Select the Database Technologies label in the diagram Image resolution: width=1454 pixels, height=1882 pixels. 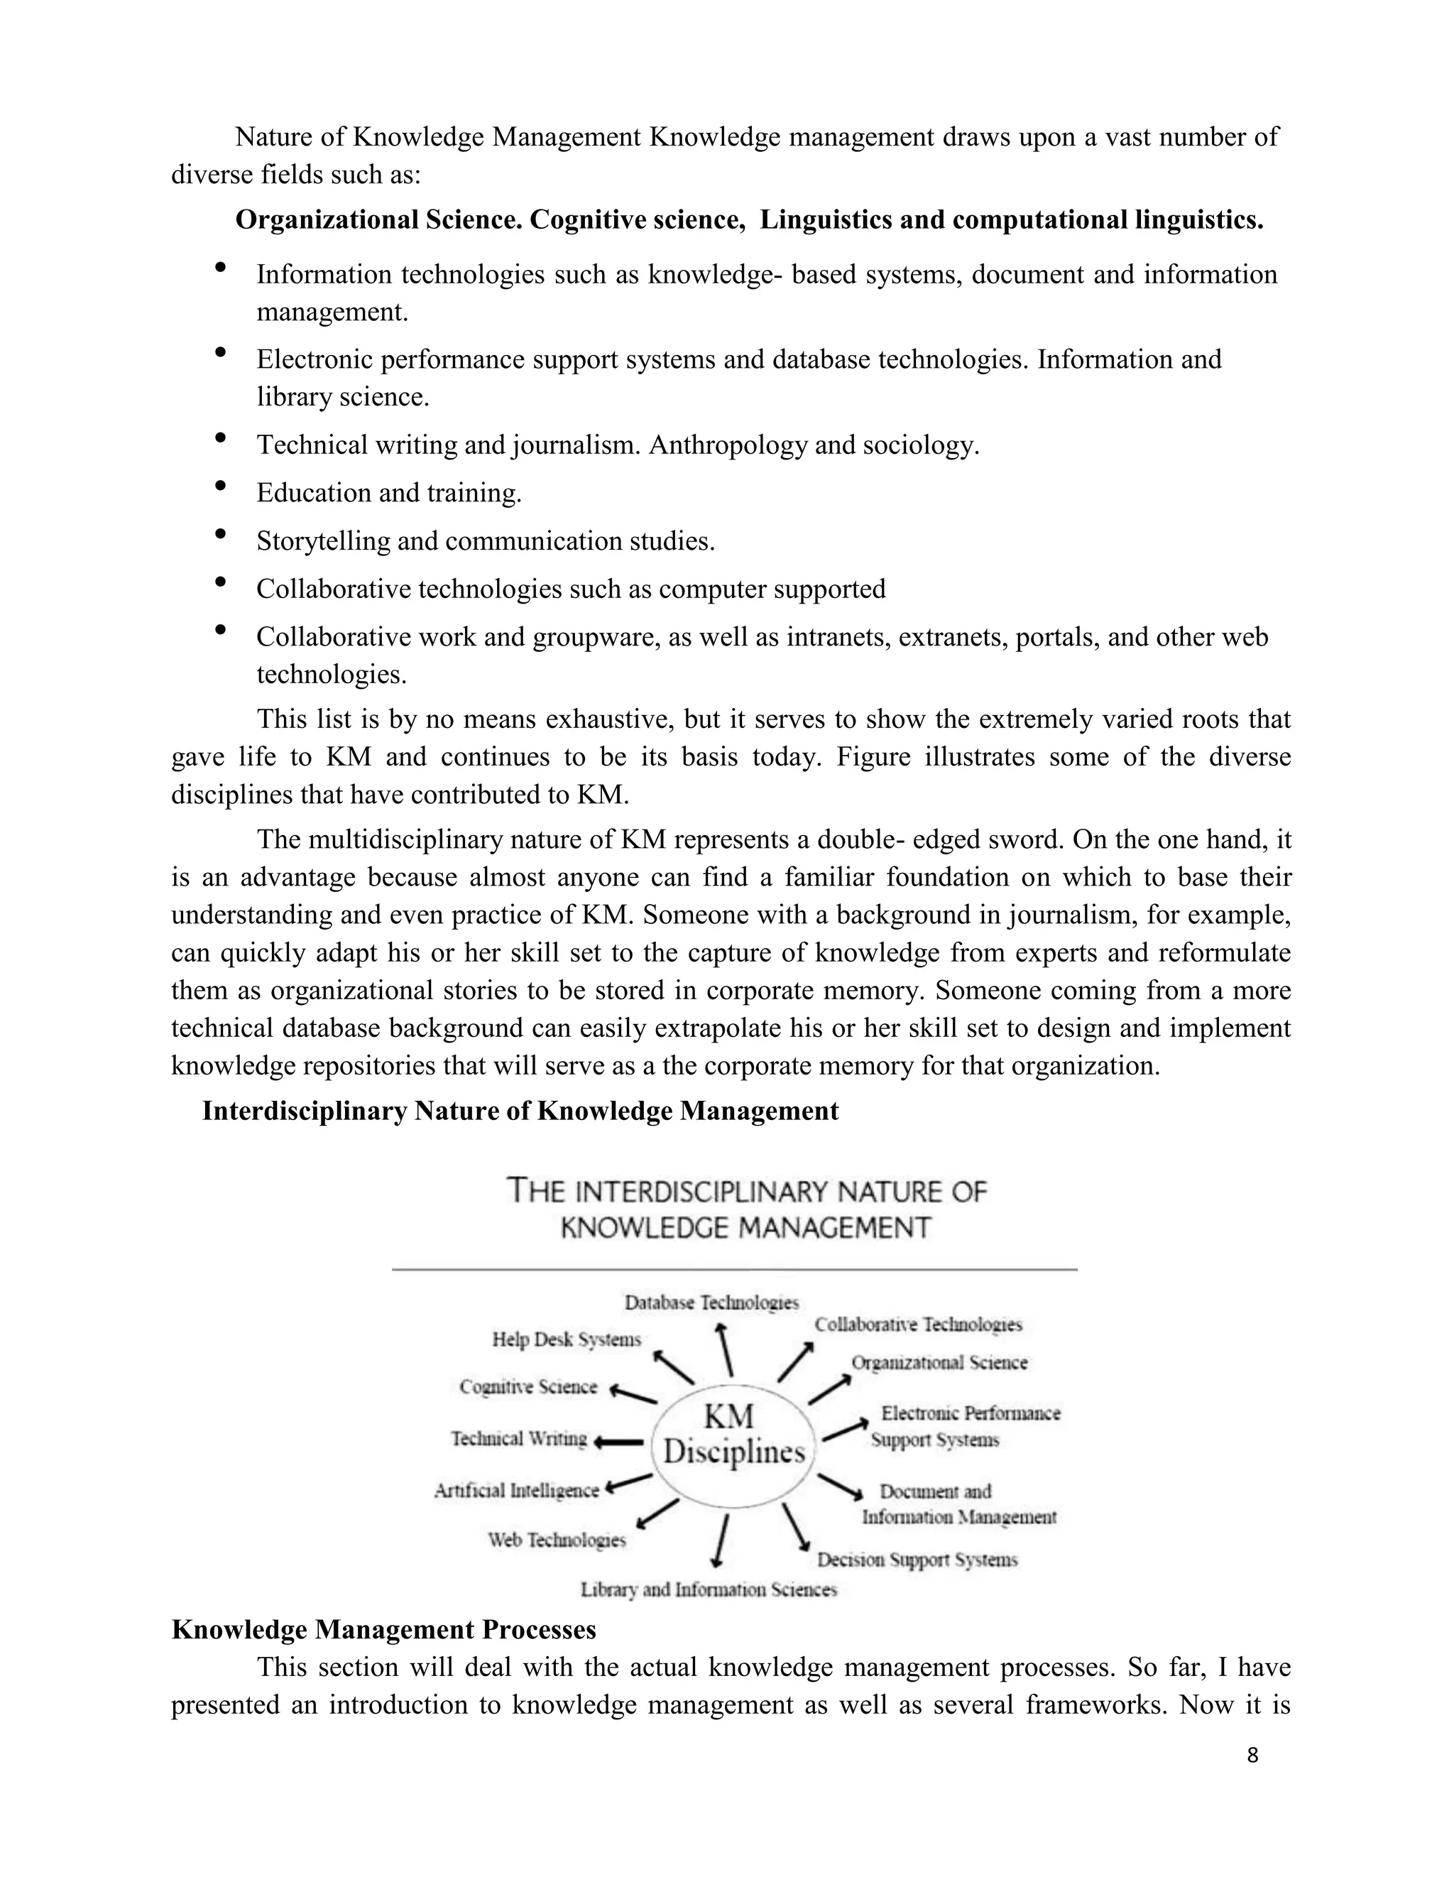click(x=711, y=1303)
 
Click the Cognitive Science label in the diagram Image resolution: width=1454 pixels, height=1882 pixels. click(x=528, y=1386)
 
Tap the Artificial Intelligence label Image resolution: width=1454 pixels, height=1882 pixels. click(x=516, y=1490)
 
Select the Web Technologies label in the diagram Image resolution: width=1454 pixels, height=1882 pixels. click(x=557, y=1540)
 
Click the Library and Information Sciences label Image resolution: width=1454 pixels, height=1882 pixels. click(x=708, y=1589)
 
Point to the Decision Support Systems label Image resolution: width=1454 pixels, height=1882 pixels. click(x=917, y=1560)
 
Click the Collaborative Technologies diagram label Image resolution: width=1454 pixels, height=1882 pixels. click(x=918, y=1325)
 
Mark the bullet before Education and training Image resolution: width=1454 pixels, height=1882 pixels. click(x=221, y=486)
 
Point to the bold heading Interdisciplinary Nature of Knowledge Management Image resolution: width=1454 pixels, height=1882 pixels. click(x=520, y=1111)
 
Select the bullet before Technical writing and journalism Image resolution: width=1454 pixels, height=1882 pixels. click(x=221, y=437)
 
